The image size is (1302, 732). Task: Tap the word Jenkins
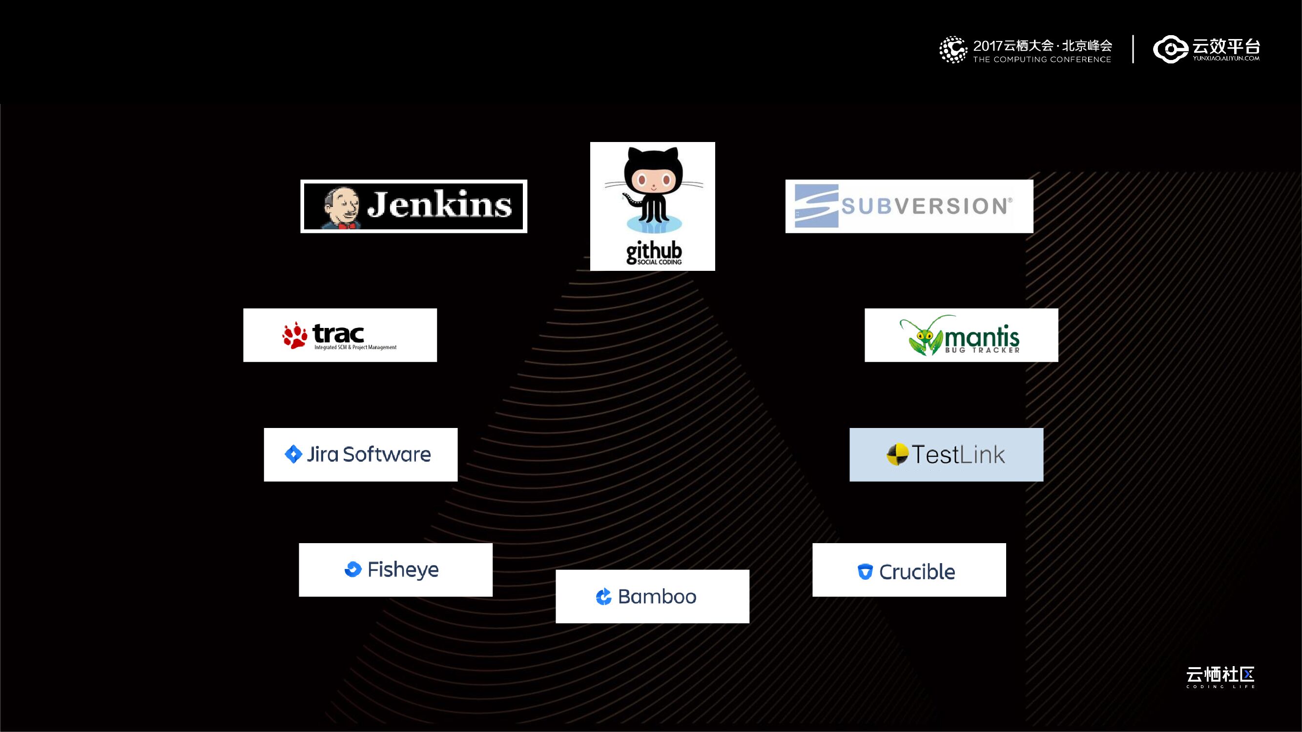coord(439,205)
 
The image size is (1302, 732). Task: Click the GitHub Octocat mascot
coord(653,190)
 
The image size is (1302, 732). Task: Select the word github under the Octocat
coord(654,251)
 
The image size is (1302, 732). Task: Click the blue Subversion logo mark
coord(816,206)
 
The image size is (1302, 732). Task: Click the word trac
coord(338,333)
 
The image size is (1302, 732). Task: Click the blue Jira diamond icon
coord(293,454)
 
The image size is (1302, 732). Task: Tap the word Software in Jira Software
coord(387,454)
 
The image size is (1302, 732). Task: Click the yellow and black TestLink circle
coord(897,455)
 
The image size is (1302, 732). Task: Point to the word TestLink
coord(958,455)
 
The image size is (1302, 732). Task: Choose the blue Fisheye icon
coord(353,569)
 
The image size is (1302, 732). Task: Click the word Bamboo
coord(657,597)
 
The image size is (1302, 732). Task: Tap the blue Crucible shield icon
coord(865,571)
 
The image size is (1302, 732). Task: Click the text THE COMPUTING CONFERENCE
coord(1042,60)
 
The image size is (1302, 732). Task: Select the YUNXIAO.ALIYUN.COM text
coord(1226,58)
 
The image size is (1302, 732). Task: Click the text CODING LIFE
coord(1220,687)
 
